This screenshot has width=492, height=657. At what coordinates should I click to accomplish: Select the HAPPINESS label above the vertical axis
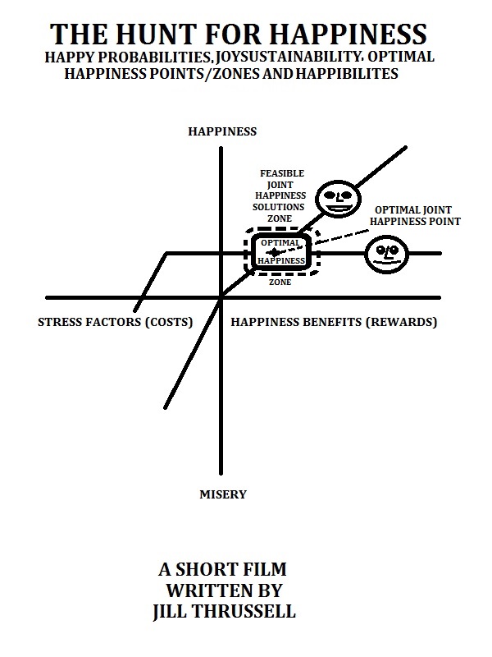tap(222, 131)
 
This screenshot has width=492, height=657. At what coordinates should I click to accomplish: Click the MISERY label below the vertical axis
tap(222, 494)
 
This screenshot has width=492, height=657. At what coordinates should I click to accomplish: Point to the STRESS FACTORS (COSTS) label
tap(116, 323)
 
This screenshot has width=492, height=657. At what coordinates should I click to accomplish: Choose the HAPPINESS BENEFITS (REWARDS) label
tap(334, 323)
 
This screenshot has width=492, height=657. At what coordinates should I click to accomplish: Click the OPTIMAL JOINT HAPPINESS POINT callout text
tap(415, 215)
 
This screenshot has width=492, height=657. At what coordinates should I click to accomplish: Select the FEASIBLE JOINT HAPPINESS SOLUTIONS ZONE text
tap(282, 197)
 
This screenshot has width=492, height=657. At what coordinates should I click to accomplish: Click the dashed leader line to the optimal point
tap(340, 237)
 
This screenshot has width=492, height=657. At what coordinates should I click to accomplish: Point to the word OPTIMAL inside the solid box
tap(280, 244)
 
